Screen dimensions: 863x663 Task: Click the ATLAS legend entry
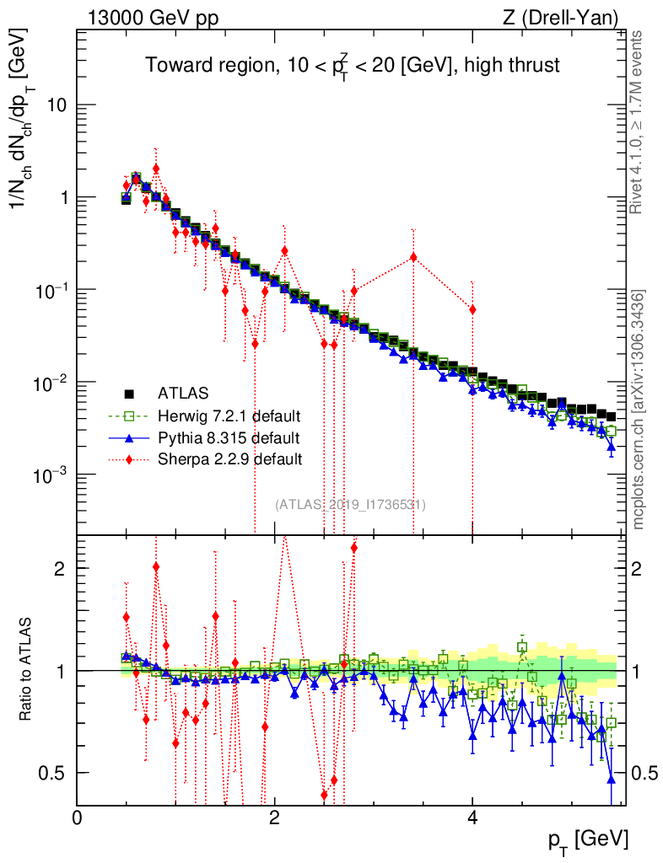click(x=183, y=393)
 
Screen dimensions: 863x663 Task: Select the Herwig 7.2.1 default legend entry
click(x=229, y=415)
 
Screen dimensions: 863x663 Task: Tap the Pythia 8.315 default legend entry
click(x=228, y=437)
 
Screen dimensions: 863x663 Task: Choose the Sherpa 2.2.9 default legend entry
click(x=229, y=459)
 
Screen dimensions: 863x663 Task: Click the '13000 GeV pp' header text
click(x=152, y=18)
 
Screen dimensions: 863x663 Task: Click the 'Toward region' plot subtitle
click(x=352, y=65)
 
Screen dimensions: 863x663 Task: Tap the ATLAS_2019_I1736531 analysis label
click(x=350, y=505)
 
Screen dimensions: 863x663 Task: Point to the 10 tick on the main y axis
click(x=56, y=105)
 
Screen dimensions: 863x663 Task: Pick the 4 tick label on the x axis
click(x=472, y=817)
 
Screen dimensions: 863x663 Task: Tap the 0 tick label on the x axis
click(x=78, y=817)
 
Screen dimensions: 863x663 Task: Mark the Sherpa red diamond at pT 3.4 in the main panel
click(x=413, y=257)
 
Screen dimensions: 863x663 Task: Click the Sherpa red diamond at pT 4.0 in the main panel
click(x=472, y=309)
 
